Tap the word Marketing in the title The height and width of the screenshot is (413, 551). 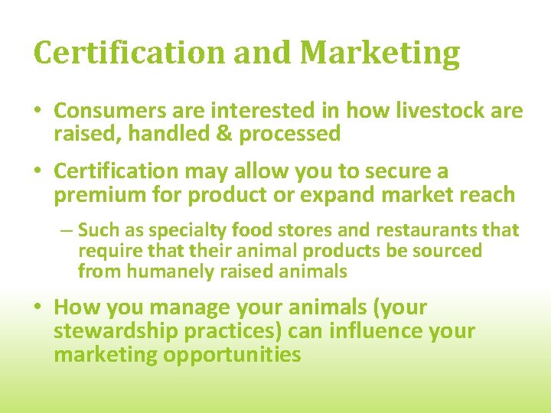click(x=380, y=54)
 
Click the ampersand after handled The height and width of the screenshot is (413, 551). click(x=226, y=134)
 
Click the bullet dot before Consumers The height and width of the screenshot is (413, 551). click(x=39, y=112)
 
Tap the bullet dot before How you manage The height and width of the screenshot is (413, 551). click(x=39, y=308)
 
